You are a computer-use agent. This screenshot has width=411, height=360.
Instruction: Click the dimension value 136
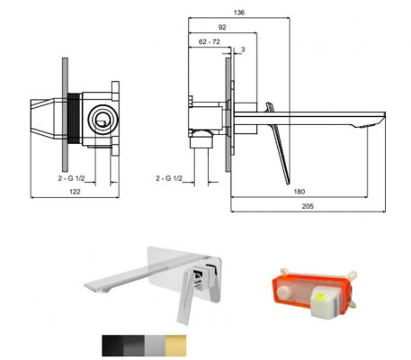239,13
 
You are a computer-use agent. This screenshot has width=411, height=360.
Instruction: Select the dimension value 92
222,27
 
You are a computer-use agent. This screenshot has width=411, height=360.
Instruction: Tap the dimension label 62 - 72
210,41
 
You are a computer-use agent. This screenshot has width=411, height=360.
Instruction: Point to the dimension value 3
243,49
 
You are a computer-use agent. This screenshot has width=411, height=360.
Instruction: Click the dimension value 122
75,192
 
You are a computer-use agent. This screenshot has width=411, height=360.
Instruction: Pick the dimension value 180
299,192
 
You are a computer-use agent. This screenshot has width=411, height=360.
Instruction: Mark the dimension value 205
308,206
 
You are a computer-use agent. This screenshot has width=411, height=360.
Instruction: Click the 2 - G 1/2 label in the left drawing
71,178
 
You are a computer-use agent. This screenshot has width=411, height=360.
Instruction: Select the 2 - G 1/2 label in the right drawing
169,178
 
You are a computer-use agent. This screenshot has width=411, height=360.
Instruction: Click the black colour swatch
112,346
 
